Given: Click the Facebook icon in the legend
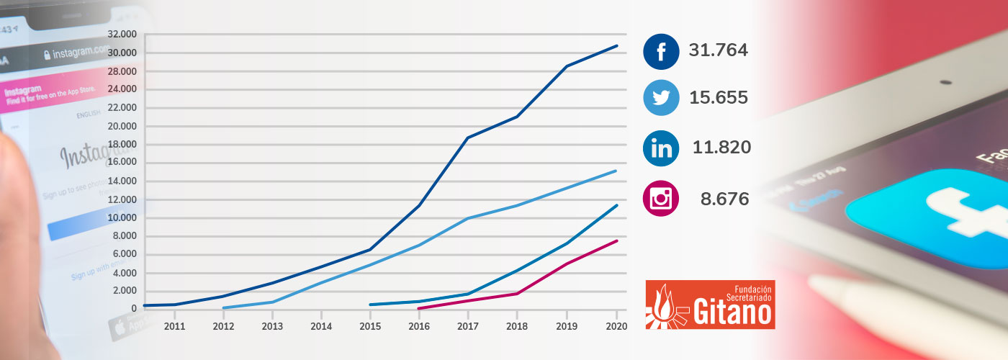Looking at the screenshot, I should pyautogui.click(x=661, y=52).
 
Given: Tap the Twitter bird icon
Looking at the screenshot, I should pyautogui.click(x=661, y=98).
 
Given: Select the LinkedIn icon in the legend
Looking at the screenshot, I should pyautogui.click(x=661, y=148).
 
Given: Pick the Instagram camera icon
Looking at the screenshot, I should pyautogui.click(x=661, y=198).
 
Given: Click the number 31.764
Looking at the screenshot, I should pyautogui.click(x=718, y=50).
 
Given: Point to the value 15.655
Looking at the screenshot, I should pyautogui.click(x=718, y=98).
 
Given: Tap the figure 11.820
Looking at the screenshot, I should pyautogui.click(x=721, y=148).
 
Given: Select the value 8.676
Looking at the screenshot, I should pyautogui.click(x=724, y=199).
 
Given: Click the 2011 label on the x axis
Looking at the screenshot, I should pyautogui.click(x=174, y=326).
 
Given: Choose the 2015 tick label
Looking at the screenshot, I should pyautogui.click(x=370, y=326).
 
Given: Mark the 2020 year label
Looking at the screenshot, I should pyautogui.click(x=616, y=326).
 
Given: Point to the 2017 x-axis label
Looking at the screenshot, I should pyautogui.click(x=468, y=326).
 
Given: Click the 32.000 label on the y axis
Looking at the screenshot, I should pyautogui.click(x=122, y=34).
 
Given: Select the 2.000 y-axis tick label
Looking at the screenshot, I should pyautogui.click(x=124, y=291).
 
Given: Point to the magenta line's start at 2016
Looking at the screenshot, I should pyautogui.click(x=419, y=308).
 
